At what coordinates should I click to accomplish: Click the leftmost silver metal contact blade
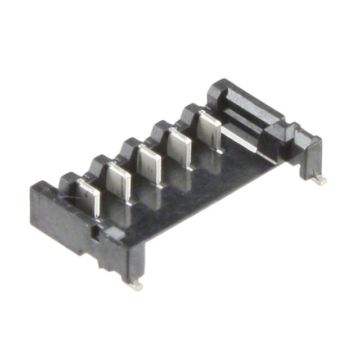[x=89, y=197]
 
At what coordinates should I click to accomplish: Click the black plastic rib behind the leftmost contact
[x=71, y=181]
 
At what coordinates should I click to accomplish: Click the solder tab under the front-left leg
[x=135, y=286]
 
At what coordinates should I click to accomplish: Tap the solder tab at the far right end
[x=321, y=181]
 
